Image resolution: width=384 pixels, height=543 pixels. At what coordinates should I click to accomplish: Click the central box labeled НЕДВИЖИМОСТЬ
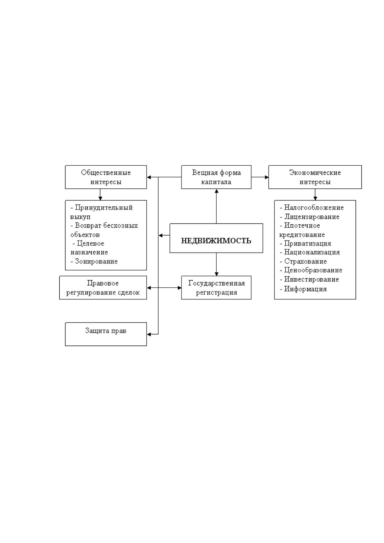216,238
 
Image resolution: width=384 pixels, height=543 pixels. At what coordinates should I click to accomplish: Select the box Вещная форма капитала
216,177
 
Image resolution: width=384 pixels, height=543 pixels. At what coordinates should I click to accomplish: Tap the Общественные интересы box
106,177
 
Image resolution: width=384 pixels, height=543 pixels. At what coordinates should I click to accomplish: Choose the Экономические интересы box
315,177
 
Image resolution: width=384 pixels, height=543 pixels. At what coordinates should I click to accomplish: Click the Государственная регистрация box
216,288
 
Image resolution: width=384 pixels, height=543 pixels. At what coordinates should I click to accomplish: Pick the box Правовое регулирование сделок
103,288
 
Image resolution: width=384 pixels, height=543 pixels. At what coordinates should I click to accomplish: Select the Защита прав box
106,334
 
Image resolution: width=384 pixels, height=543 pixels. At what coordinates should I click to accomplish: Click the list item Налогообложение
314,208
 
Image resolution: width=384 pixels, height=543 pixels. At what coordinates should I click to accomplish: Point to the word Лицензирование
311,216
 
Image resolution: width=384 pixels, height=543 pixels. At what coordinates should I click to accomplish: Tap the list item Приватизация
307,243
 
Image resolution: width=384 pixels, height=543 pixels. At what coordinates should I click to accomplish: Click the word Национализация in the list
312,252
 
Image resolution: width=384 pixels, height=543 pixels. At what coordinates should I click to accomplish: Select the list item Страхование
305,261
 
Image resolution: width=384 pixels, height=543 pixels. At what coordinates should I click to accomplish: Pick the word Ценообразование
313,270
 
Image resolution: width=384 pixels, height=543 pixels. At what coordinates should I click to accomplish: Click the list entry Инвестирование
311,279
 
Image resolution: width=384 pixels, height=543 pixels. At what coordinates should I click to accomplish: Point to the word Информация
305,289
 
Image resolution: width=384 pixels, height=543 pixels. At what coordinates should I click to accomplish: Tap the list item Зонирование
96,261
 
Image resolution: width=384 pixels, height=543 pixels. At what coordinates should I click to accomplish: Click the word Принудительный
104,208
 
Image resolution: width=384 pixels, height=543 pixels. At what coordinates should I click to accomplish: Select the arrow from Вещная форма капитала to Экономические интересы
260,177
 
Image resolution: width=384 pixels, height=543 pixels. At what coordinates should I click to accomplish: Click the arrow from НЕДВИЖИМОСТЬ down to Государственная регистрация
216,264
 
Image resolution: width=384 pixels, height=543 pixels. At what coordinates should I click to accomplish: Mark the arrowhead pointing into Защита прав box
149,334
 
